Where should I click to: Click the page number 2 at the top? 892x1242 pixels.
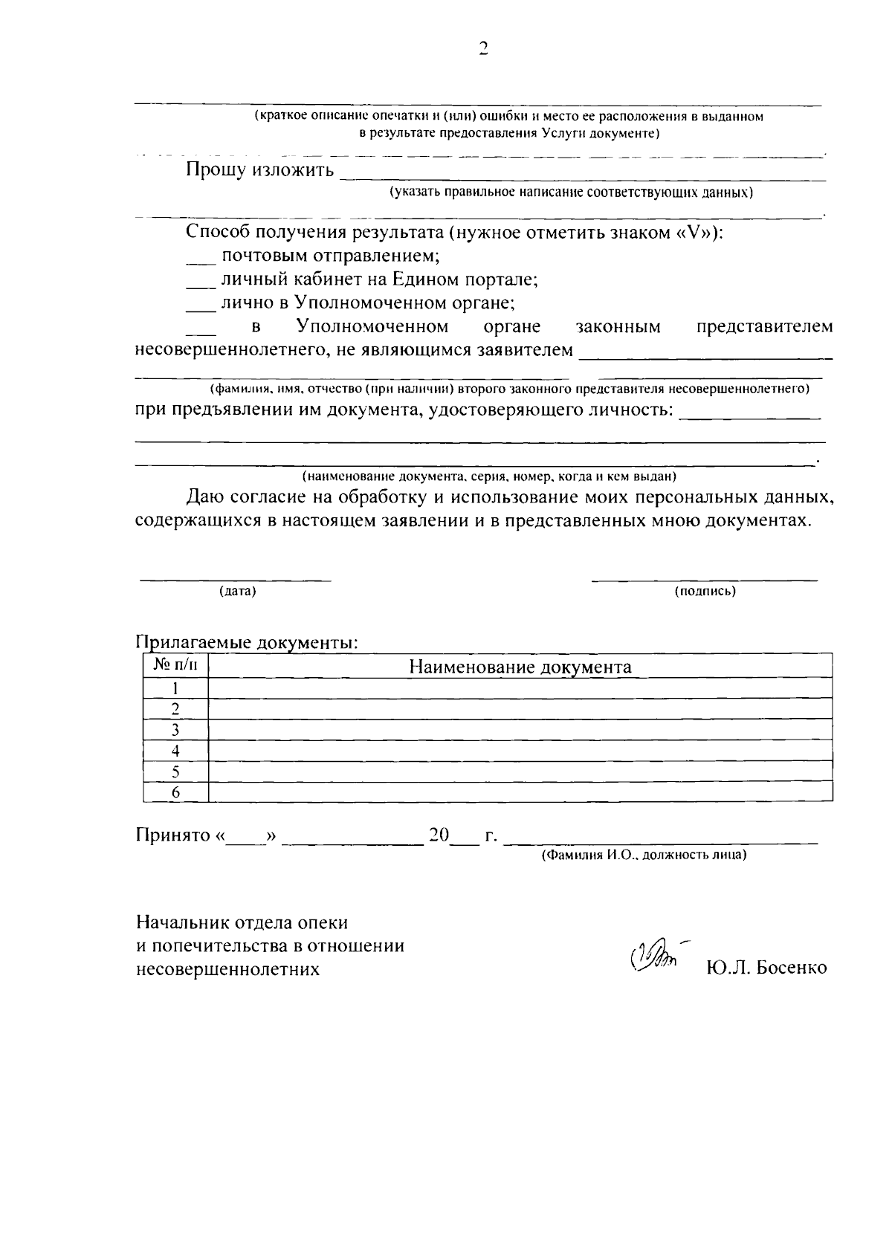point(483,49)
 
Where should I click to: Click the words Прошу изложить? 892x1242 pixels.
point(259,170)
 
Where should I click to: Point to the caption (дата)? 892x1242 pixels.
point(237,592)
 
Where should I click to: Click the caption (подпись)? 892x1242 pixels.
point(704,592)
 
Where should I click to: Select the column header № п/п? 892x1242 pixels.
point(175,665)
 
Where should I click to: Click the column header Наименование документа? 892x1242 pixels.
point(520,667)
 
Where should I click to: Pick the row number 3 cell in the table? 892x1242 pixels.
point(175,729)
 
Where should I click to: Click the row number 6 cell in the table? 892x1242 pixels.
point(175,792)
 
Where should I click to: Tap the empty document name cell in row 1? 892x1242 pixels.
point(520,688)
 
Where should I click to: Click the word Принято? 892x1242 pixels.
point(173,835)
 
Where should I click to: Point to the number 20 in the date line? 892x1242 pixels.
point(439,835)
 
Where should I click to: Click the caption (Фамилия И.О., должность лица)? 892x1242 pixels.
point(643,855)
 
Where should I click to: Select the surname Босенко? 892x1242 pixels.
point(791,968)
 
